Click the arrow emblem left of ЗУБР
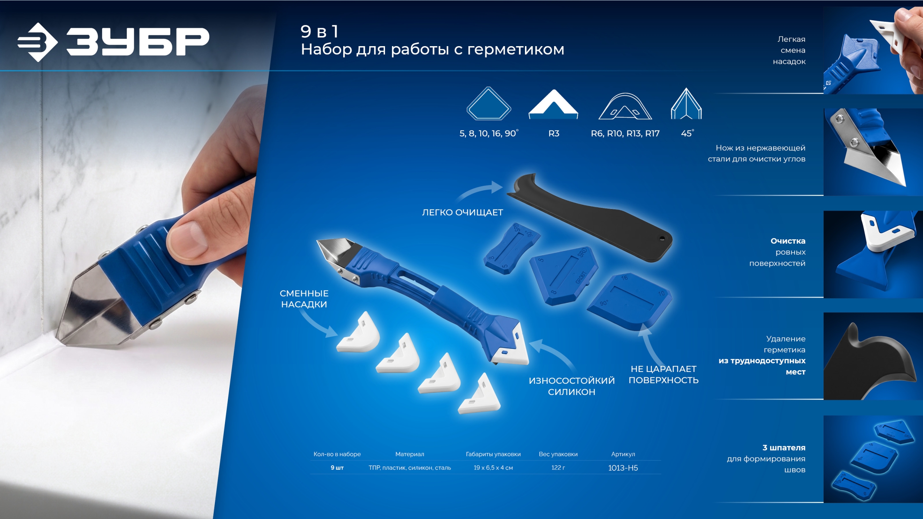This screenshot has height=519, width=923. (x=37, y=42)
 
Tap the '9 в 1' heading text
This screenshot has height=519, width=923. (x=319, y=31)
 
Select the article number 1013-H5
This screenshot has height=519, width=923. (x=623, y=468)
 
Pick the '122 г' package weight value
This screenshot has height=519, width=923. (x=558, y=467)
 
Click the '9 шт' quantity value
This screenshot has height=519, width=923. (x=337, y=467)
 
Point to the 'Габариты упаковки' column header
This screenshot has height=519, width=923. (x=493, y=454)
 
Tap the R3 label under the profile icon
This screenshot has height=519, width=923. (x=553, y=133)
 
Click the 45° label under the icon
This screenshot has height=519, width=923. (x=687, y=133)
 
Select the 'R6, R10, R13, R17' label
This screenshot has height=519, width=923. (x=625, y=133)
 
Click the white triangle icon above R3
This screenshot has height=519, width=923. (x=553, y=104)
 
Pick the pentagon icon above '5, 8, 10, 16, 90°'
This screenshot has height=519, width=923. (x=489, y=103)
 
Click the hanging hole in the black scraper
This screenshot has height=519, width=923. (x=662, y=238)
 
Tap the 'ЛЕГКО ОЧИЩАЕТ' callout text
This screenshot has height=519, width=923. (x=462, y=212)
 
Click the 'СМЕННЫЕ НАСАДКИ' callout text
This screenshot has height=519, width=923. (x=304, y=299)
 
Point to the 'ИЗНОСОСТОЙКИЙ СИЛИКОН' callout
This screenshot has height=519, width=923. (x=571, y=386)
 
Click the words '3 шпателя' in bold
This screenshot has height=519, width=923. (x=783, y=448)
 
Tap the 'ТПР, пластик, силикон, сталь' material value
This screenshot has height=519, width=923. (x=410, y=467)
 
